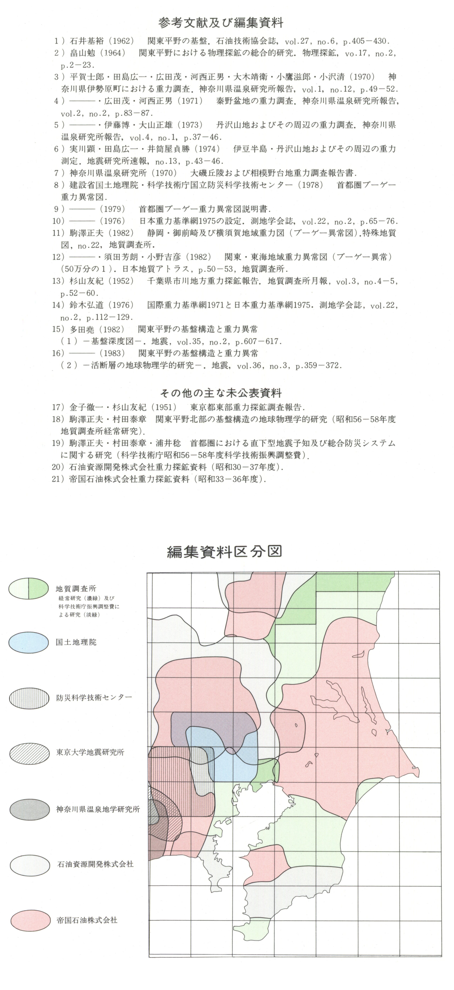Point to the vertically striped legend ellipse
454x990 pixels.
pos(30,697)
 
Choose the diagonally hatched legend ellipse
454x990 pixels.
pos(30,752)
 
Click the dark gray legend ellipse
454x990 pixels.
pos(30,809)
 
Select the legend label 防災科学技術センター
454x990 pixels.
pos(94,697)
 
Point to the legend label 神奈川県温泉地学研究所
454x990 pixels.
pos(98,809)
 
